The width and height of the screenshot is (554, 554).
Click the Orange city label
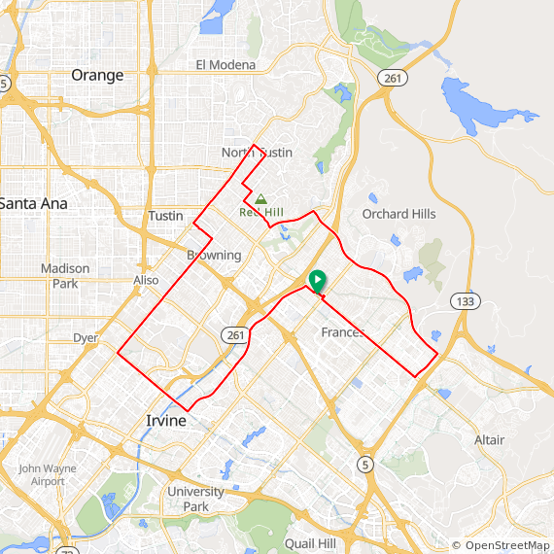[97, 75]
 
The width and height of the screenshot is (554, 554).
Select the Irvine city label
[165, 421]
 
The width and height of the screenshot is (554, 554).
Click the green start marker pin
[317, 281]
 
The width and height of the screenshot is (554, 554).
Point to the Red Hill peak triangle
[260, 198]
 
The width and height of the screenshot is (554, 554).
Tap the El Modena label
[225, 65]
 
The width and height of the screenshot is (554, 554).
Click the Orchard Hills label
[398, 214]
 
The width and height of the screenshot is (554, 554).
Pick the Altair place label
[489, 440]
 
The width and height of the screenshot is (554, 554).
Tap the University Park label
[195, 499]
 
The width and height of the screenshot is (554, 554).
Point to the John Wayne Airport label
[47, 474]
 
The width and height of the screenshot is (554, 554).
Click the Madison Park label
[65, 276]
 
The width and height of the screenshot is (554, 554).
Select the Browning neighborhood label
[214, 256]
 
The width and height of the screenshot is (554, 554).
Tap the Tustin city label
[165, 216]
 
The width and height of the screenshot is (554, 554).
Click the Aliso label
[145, 280]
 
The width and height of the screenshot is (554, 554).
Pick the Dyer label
[86, 338]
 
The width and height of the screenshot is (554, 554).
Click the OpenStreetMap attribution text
[501, 545]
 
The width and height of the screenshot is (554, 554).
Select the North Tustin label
[257, 153]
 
